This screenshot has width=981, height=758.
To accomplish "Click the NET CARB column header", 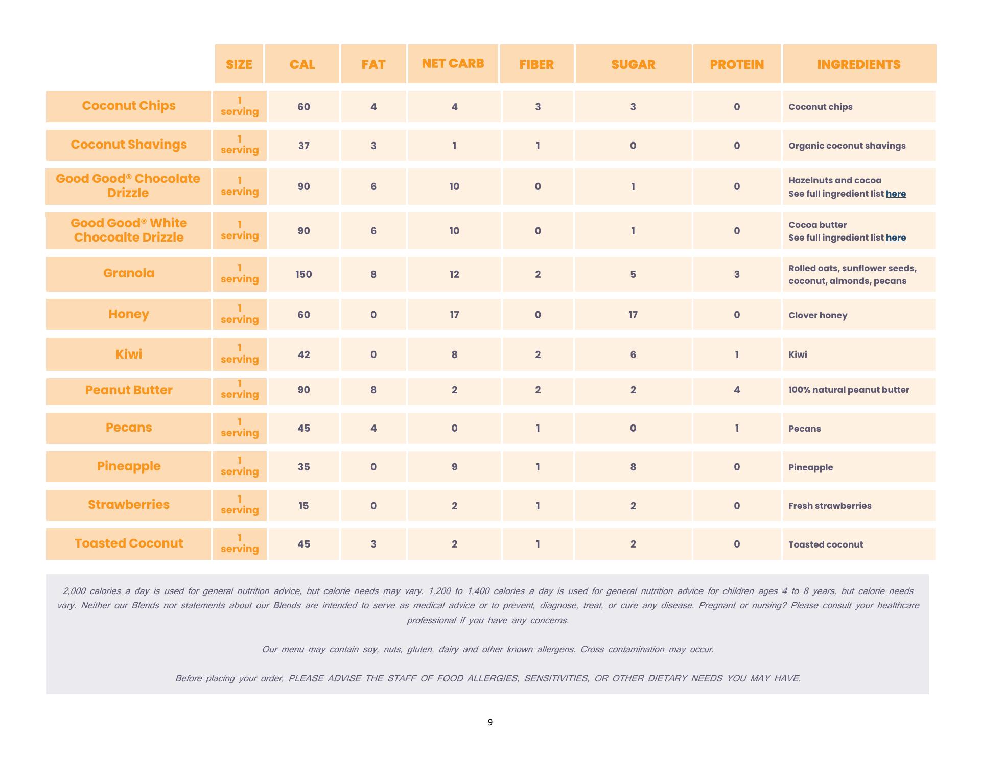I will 453,64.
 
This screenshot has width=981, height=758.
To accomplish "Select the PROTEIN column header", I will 737,64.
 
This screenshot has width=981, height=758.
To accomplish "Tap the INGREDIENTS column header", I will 859,64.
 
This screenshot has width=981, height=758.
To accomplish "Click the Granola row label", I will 129,273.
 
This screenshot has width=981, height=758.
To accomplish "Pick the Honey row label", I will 129,314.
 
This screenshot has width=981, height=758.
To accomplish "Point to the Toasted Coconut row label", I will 129,543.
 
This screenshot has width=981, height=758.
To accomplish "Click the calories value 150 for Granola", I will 303,274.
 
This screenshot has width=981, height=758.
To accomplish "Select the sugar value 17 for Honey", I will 633,315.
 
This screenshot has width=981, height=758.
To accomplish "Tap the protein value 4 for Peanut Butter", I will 737,390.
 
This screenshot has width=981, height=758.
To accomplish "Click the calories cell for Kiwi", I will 303,354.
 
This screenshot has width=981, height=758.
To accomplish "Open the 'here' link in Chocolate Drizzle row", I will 896,194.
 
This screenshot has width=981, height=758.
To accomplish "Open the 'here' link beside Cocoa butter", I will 896,238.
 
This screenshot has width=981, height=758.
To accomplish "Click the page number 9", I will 490,722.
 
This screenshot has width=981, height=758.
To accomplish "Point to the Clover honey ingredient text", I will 818,315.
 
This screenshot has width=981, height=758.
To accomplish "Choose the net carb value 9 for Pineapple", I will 454,467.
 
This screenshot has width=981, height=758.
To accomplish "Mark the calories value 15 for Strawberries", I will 303,506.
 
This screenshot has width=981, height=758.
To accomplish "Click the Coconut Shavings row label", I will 129,145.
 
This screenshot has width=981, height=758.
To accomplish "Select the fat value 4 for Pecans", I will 373,428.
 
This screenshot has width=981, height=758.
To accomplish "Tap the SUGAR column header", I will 633,64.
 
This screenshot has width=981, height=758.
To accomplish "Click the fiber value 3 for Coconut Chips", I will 538,107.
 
